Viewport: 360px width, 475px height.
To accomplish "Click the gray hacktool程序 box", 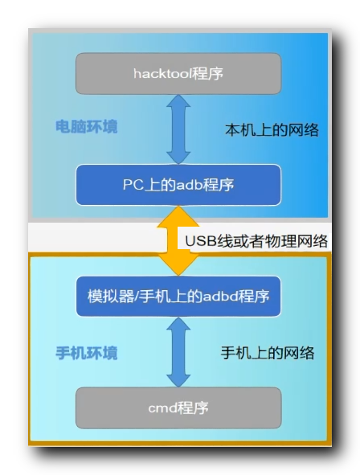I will click(x=178, y=73).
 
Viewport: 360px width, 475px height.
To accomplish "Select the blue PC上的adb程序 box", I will click(x=178, y=184).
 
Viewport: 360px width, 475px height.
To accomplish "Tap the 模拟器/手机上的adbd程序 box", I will click(x=178, y=297).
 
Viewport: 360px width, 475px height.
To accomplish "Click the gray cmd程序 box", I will click(x=178, y=407).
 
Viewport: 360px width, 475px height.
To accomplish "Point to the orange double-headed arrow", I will click(x=178, y=240).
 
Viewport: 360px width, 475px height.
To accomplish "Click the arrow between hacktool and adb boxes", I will click(x=178, y=129).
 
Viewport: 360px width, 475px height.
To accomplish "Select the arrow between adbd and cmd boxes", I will click(x=178, y=352).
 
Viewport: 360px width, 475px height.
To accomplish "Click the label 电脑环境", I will click(x=86, y=127).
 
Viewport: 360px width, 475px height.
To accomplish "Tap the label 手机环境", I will click(x=86, y=353).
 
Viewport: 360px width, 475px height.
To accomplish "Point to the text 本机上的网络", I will click(x=272, y=129).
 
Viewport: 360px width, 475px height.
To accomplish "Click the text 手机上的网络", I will click(x=268, y=352).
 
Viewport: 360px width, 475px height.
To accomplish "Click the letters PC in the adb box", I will click(x=132, y=185).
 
